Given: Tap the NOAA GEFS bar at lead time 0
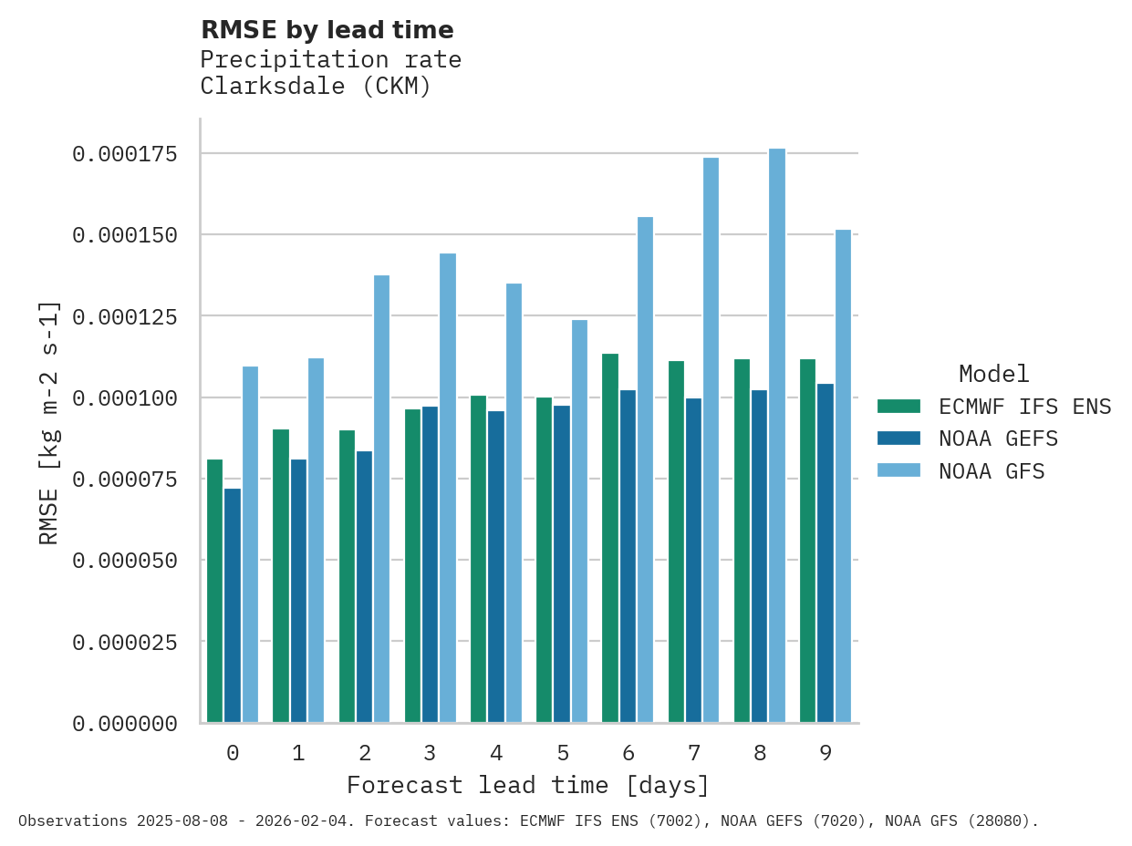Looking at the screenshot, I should point(233,605).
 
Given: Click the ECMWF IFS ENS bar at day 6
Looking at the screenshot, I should point(610,538).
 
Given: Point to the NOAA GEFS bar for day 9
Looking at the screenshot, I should point(826,553).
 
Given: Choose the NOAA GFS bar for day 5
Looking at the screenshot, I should point(579,521).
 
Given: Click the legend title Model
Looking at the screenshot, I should point(994,374).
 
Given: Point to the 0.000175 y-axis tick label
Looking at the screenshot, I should point(125,154).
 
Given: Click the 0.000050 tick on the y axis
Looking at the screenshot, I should point(125,561).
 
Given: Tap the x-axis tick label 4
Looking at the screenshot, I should point(496,753).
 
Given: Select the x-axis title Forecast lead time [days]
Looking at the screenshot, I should point(528,785).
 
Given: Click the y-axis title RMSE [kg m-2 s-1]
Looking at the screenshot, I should point(49,422).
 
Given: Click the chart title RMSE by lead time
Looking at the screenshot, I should point(327,30).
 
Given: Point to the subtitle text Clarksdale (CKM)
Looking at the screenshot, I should point(316,87).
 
